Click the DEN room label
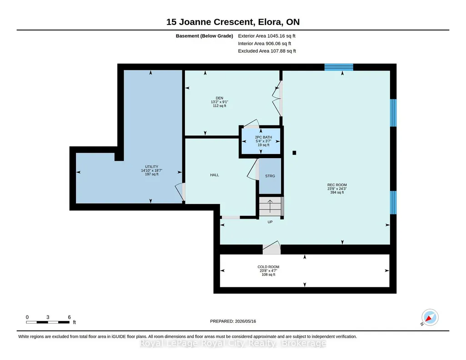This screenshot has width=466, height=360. tap(220, 98)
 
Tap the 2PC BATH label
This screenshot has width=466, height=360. tap(263, 137)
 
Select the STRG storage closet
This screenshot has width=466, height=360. tap(270, 176)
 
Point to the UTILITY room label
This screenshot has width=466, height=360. tap(151, 167)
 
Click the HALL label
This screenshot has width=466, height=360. tap(214, 175)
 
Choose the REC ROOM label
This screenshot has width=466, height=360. tap(337, 185)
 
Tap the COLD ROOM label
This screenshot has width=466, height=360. tap(268, 267)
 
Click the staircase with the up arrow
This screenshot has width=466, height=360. tap(270, 206)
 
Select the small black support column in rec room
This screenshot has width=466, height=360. tap(294, 153)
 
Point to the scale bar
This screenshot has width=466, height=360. tap(48, 322)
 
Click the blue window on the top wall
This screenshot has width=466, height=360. tap(339, 67)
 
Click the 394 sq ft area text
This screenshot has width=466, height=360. tap(337, 192)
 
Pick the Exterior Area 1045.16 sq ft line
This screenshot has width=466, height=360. tap(266, 36)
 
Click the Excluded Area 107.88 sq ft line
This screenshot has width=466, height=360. tap(267, 51)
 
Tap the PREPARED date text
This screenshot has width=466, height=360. tap(233, 321)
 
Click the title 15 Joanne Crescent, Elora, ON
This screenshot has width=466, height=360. tap(233, 22)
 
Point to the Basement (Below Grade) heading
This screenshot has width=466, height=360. tap(204, 36)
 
